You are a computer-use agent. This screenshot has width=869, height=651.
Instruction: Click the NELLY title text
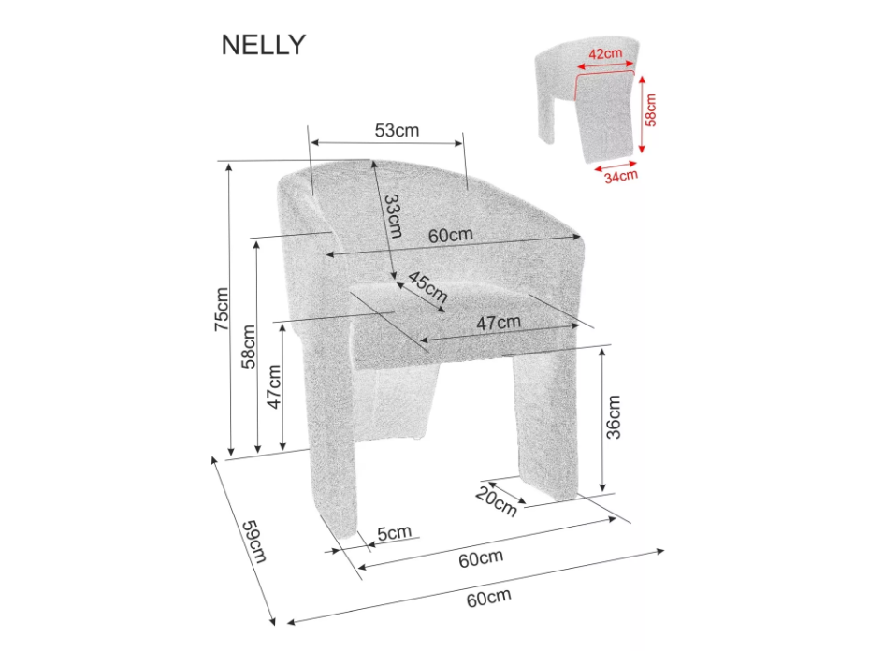263,44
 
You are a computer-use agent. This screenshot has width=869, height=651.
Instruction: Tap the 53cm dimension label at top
397,130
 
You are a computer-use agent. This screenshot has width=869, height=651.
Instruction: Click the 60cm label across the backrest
451,236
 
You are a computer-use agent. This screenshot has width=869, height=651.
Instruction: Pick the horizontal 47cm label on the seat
498,323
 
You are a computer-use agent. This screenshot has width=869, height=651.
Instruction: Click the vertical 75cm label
221,309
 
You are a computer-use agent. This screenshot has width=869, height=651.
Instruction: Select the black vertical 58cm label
249,346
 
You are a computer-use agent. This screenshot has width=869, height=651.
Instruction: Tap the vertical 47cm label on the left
274,385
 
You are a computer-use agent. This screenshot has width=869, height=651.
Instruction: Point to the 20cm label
496,501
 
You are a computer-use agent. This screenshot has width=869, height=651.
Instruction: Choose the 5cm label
394,532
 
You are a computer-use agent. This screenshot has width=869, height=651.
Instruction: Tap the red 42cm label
606,53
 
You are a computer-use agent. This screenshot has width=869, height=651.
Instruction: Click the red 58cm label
652,109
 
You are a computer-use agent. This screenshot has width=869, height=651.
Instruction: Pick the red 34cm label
620,174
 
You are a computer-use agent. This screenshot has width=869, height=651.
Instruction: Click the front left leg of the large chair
334,468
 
